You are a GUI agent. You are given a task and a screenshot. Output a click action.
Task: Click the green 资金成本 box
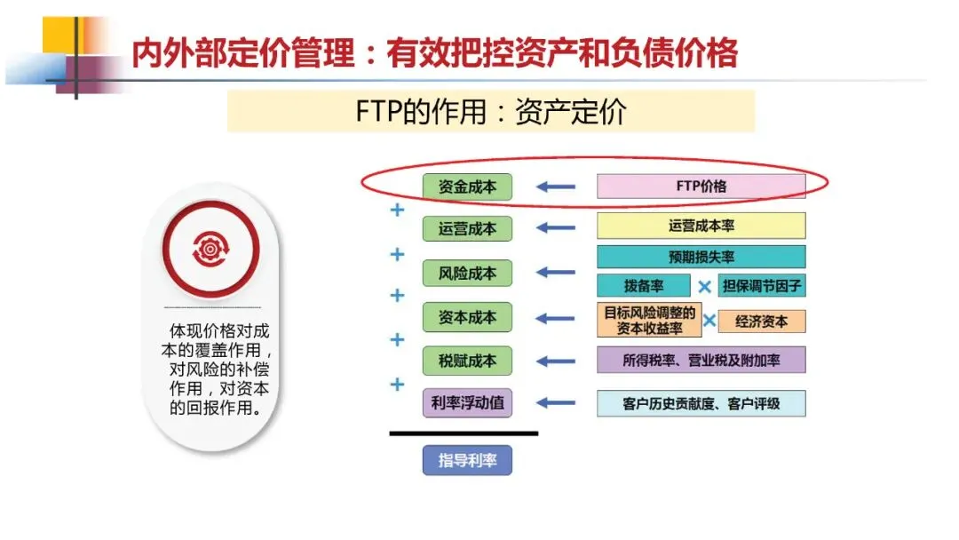tap(467, 187)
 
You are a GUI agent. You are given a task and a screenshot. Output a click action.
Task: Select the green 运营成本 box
tap(467, 228)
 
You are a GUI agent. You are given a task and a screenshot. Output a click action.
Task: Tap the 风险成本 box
tap(467, 273)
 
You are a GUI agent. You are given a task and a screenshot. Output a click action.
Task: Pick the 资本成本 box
tap(467, 317)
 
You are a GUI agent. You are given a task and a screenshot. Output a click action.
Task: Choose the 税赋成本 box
tap(467, 361)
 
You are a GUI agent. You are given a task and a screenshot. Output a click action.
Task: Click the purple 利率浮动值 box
tap(467, 403)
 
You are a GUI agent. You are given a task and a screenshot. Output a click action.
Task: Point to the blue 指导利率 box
tap(467, 460)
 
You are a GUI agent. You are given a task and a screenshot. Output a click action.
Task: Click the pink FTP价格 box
tap(701, 187)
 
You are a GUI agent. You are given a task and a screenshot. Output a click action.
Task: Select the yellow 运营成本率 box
tap(701, 226)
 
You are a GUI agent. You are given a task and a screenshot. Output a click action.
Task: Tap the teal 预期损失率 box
tap(701, 257)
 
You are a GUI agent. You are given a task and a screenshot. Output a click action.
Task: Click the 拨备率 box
tap(643, 286)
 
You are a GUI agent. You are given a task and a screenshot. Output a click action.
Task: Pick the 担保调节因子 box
tap(762, 286)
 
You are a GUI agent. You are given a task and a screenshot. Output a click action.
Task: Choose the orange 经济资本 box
tap(762, 321)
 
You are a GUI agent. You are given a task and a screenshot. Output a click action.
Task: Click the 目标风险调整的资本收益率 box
tap(649, 321)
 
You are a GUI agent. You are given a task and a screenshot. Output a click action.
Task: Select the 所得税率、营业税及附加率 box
tap(701, 360)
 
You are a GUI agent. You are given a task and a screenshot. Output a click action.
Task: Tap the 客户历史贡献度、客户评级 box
tap(701, 403)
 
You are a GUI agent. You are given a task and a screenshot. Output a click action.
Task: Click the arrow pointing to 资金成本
tap(556, 187)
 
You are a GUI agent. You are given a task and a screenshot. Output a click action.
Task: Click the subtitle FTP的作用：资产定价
tap(490, 112)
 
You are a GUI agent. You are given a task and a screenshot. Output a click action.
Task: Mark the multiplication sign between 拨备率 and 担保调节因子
tap(704, 286)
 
